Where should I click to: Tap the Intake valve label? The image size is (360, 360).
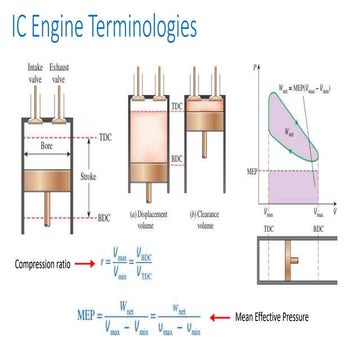(x=34, y=73)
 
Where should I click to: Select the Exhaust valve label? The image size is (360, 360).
(x=61, y=73)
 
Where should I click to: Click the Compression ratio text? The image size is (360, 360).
(x=47, y=263)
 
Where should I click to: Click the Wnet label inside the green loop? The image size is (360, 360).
(x=290, y=131)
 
